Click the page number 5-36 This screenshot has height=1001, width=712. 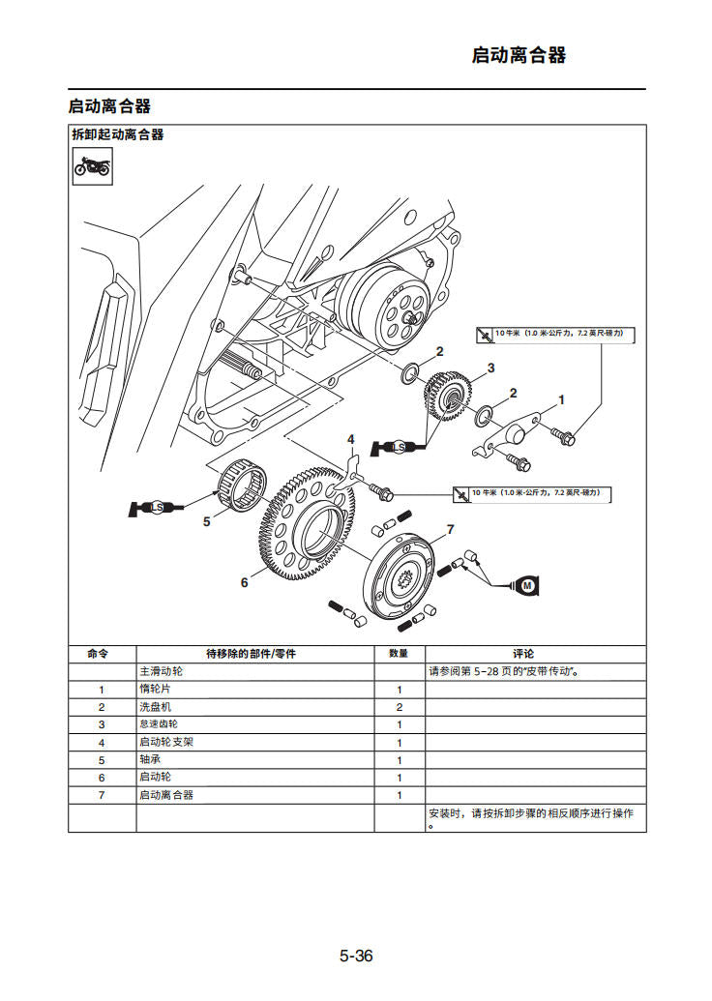[x=355, y=957]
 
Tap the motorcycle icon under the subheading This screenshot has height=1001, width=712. [x=92, y=167]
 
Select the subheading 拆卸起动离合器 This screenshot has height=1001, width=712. [x=117, y=134]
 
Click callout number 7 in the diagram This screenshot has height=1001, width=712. [x=450, y=530]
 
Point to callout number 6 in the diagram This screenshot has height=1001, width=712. [x=245, y=582]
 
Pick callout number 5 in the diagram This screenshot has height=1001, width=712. [x=206, y=521]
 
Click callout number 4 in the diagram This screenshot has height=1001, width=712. [x=351, y=440]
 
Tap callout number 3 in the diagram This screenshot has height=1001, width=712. [x=490, y=368]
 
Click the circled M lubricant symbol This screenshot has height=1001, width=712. [x=527, y=585]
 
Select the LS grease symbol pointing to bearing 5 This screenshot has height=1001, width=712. [x=155, y=507]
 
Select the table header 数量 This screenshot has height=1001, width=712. [x=399, y=654]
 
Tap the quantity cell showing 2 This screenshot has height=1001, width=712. [x=399, y=707]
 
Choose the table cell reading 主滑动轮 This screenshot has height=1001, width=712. [x=161, y=671]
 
